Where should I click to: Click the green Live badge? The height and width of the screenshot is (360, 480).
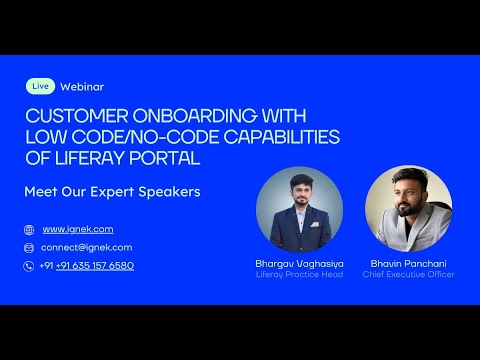40,87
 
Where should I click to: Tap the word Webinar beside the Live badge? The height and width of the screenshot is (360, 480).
82,87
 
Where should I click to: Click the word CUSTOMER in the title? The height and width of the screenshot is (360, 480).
68,114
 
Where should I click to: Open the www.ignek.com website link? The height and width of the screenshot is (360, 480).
77,229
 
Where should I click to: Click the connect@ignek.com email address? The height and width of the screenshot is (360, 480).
86,247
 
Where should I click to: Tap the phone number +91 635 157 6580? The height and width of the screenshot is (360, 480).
94,265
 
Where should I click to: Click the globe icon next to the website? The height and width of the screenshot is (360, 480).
29,229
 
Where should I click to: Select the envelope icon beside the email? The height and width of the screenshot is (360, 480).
29,247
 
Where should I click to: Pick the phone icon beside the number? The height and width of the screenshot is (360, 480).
29,265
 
